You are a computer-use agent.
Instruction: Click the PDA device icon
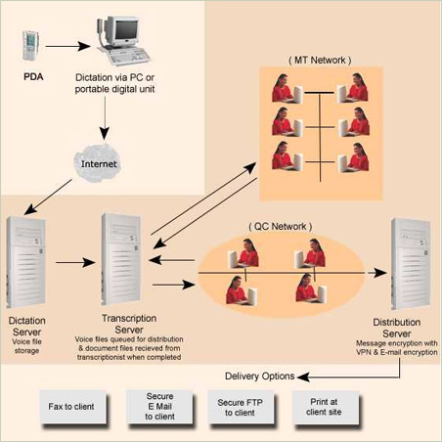click(x=30, y=46)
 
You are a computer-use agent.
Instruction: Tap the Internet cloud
click(x=97, y=163)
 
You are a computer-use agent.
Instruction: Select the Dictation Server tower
click(x=25, y=262)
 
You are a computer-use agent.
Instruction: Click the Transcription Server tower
click(x=121, y=259)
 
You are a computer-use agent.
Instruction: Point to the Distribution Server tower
click(x=411, y=264)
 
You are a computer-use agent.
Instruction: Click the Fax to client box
click(x=72, y=407)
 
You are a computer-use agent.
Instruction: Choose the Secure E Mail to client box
click(x=159, y=407)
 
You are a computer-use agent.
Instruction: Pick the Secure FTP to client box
click(x=241, y=407)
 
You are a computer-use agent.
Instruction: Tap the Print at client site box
click(x=326, y=407)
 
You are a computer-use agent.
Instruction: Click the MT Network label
click(x=320, y=61)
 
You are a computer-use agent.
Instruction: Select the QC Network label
click(x=280, y=227)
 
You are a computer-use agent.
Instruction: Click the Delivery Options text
click(x=260, y=376)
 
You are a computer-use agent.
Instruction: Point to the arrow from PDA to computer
click(x=67, y=46)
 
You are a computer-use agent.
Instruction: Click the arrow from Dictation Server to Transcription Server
click(x=75, y=262)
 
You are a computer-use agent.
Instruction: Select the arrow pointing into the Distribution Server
click(x=377, y=273)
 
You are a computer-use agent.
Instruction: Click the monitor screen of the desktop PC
click(x=126, y=29)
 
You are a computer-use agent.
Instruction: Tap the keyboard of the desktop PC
click(x=130, y=56)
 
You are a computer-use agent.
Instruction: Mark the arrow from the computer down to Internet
click(x=105, y=118)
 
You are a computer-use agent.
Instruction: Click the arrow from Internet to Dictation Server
click(x=48, y=197)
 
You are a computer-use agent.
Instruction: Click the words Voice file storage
click(x=26, y=346)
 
